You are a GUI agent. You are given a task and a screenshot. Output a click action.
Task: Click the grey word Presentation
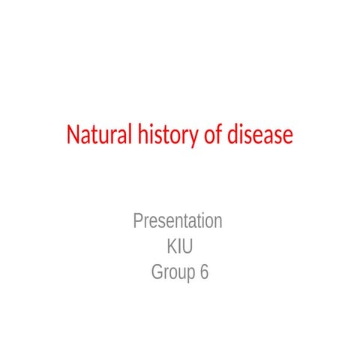[178, 221]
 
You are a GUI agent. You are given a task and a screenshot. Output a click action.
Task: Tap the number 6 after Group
[204, 272]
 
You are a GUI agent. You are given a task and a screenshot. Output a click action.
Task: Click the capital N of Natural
[73, 136]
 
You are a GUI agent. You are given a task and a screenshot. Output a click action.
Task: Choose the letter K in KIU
[170, 247]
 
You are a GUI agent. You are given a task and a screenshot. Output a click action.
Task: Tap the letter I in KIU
[178, 247]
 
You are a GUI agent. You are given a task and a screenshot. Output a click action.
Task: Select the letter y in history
[191, 139]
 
